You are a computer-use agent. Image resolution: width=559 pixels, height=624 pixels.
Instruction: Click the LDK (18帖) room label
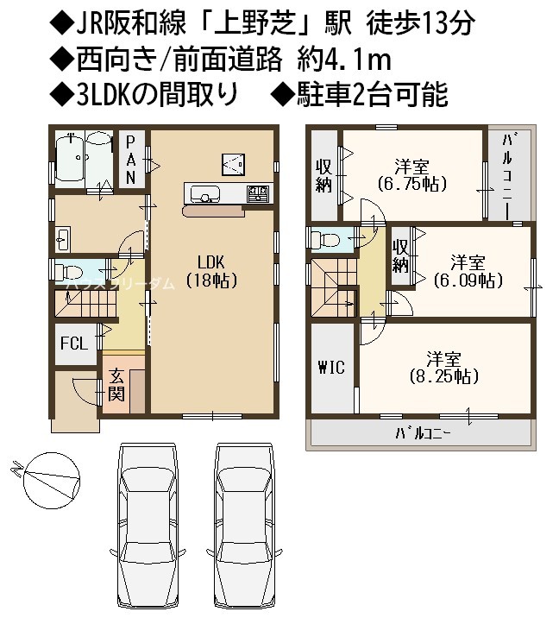point(211,272)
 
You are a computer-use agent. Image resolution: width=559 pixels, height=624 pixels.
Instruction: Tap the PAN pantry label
point(130,160)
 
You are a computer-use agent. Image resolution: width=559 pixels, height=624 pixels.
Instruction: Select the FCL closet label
point(74,343)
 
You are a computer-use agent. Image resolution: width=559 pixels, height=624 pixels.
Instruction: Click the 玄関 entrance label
point(116,385)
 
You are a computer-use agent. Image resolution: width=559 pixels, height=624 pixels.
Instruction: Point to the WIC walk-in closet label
point(331,367)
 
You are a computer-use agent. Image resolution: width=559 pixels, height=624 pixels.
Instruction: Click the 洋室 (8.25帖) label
point(444,368)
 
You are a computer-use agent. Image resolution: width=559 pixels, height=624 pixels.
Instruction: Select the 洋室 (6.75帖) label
point(411,175)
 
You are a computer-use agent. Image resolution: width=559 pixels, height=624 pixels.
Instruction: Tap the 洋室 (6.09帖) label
point(468,271)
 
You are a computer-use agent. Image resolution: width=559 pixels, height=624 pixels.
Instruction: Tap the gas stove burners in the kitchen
point(259,194)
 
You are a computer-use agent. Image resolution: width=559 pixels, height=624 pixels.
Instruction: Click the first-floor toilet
point(67,272)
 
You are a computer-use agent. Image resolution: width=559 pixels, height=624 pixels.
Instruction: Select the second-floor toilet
point(324,240)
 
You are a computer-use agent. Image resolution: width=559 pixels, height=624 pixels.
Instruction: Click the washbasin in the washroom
point(63,239)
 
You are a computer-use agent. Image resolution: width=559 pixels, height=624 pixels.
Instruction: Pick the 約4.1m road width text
point(345,60)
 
